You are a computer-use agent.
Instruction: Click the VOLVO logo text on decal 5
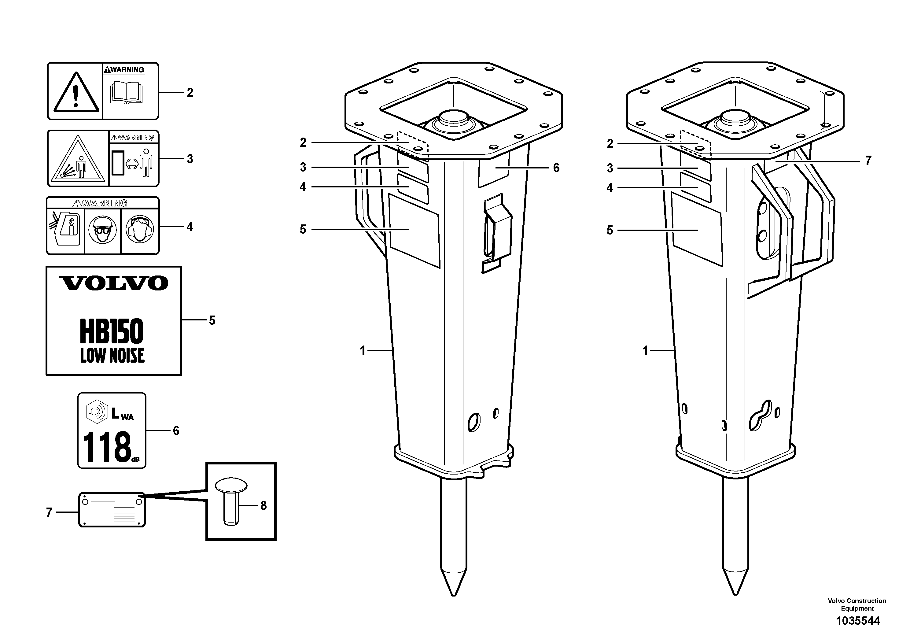click(x=114, y=283)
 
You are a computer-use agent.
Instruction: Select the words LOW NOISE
click(x=112, y=355)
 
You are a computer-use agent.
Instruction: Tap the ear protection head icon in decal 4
click(x=139, y=230)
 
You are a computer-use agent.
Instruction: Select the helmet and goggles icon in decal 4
click(x=103, y=230)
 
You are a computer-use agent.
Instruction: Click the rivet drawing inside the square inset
click(x=231, y=501)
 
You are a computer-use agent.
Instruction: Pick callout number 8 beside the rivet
click(x=263, y=505)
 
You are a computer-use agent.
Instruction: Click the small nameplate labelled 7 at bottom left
click(x=112, y=510)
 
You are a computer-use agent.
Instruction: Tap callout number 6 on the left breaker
click(x=556, y=168)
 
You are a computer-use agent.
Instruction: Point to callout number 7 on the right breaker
click(x=868, y=161)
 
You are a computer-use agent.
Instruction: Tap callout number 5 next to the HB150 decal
click(x=212, y=320)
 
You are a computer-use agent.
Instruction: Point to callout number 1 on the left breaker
click(x=362, y=350)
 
